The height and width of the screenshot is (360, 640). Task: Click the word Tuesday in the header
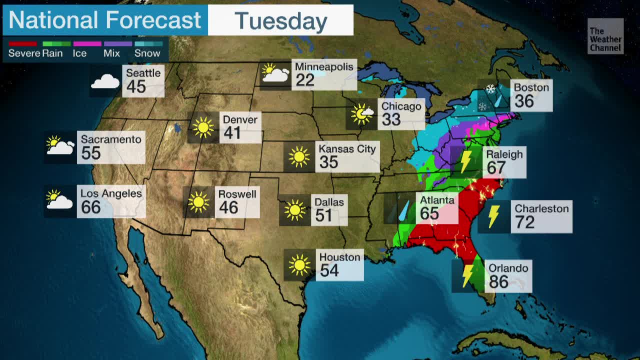280,21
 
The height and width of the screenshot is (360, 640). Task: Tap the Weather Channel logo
605,36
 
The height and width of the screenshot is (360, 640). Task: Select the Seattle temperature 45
135,87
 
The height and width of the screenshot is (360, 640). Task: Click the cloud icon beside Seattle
105,81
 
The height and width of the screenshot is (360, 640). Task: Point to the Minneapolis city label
324,67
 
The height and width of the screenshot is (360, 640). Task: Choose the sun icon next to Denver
203,127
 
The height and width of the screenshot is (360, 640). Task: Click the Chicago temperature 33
391,119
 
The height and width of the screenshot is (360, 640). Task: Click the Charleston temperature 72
524,222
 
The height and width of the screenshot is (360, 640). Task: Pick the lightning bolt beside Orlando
468,275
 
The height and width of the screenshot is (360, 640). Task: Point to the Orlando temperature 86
498,282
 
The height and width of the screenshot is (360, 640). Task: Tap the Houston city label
339,257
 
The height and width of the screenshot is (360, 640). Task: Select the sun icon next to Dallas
294,210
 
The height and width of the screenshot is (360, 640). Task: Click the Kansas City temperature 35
328,162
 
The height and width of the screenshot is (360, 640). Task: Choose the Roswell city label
237,194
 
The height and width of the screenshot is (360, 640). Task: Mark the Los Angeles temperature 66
90,207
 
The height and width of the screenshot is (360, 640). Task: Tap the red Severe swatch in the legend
22,44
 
